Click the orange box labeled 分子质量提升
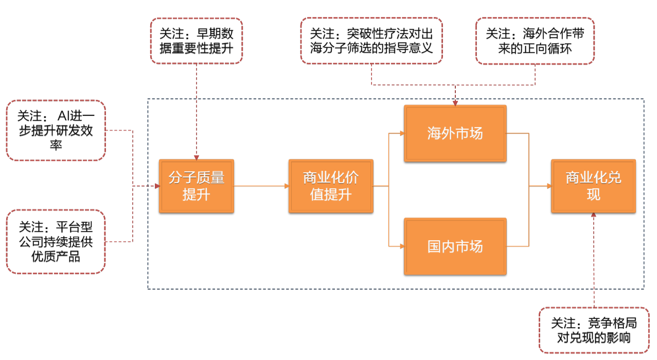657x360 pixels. click(x=196, y=186)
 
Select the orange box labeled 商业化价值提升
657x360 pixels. click(x=331, y=186)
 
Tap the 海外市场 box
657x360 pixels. click(x=455, y=133)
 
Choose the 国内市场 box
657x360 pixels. click(x=455, y=246)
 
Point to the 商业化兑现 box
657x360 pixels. click(x=593, y=186)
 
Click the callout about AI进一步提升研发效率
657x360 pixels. click(x=56, y=131)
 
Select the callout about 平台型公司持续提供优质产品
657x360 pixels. click(x=56, y=241)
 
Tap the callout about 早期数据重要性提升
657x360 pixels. click(x=196, y=41)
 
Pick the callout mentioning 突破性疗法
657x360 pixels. click(x=371, y=41)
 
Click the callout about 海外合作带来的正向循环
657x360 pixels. click(x=535, y=41)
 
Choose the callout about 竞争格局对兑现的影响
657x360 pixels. click(x=593, y=330)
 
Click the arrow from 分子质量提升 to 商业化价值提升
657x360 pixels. click(x=261, y=186)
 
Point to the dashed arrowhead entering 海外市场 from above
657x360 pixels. click(x=455, y=102)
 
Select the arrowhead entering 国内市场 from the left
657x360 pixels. click(x=401, y=246)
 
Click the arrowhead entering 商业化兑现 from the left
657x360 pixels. click(x=548, y=186)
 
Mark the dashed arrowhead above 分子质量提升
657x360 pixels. click(x=196, y=156)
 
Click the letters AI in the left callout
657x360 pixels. click(x=69, y=116)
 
